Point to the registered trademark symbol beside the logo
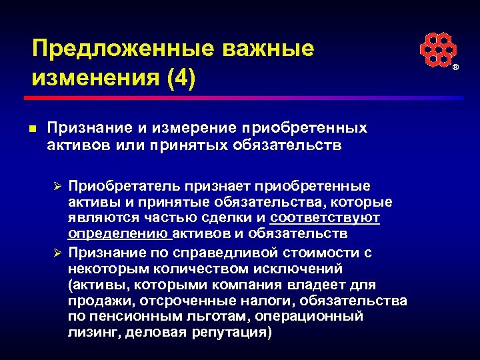pos(456,68)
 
